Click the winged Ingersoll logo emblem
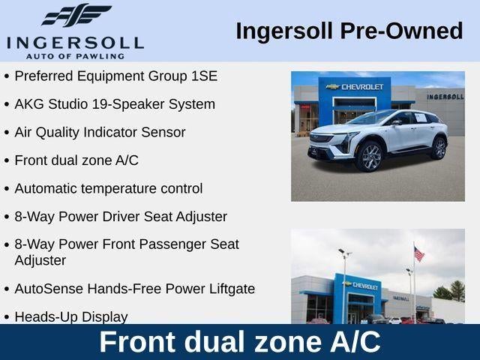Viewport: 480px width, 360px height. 76,15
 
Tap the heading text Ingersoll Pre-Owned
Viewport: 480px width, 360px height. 349,31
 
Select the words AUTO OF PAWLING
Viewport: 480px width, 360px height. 75,56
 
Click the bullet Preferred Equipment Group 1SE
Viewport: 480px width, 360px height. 116,76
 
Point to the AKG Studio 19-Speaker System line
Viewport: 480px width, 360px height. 115,104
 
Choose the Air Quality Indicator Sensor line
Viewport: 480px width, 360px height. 100,132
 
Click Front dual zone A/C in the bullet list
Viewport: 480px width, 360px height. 76,160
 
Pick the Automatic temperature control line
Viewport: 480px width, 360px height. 109,188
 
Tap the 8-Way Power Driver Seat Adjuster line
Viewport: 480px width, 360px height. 121,217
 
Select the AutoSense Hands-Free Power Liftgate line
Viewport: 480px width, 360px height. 135,289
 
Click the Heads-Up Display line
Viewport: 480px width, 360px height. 71,316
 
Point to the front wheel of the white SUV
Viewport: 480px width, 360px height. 370,157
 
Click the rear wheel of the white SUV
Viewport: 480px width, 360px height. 439,148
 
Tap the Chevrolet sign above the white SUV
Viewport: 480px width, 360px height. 355,87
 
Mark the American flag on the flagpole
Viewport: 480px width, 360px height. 418,254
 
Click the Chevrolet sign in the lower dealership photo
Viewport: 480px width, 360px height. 361,286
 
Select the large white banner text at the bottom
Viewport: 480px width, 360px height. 240,342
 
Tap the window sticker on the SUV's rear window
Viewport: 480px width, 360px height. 421,118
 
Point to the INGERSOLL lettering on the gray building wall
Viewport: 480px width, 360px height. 445,97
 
